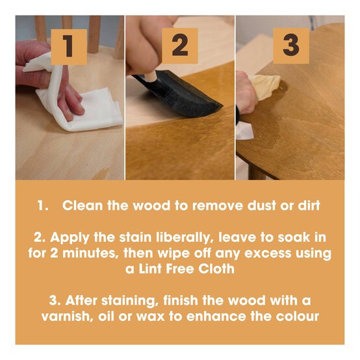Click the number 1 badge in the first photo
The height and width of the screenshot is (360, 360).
click(x=68, y=46)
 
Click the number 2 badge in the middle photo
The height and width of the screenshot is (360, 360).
click(x=179, y=46)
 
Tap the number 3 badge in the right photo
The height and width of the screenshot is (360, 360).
click(x=290, y=46)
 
